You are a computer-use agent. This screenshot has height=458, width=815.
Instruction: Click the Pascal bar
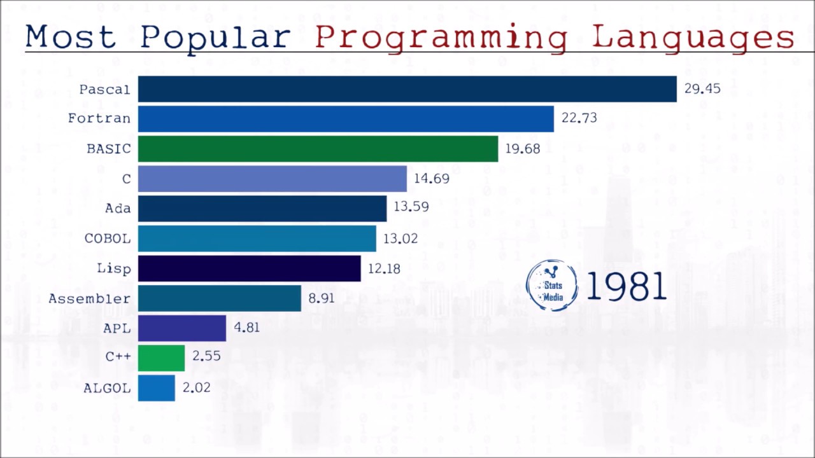pyautogui.click(x=407, y=89)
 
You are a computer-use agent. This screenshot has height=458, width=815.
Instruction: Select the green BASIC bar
pyautogui.click(x=318, y=149)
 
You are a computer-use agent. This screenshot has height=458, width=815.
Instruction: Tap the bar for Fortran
pyautogui.click(x=346, y=119)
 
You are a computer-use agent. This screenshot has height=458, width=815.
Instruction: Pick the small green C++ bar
pyautogui.click(x=161, y=358)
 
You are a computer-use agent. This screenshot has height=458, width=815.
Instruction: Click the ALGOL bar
pyautogui.click(x=156, y=388)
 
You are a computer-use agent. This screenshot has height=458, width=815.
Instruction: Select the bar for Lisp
pyautogui.click(x=249, y=268)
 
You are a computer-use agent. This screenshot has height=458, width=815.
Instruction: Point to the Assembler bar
pyautogui.click(x=219, y=298)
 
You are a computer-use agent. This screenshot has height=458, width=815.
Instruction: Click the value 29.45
pyautogui.click(x=702, y=88)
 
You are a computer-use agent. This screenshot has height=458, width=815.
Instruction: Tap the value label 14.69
pyautogui.click(x=431, y=179)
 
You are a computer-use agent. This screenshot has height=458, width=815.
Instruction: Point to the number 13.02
pyautogui.click(x=400, y=239)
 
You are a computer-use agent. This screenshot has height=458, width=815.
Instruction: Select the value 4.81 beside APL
pyautogui.click(x=246, y=328)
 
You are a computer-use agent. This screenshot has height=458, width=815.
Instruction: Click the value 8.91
pyautogui.click(x=321, y=298)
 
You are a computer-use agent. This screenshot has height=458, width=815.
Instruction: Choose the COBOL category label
pyautogui.click(x=108, y=239)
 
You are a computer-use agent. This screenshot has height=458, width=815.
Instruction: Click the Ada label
pyautogui.click(x=118, y=209)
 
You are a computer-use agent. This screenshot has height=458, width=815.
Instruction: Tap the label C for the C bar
pyautogui.click(x=126, y=179)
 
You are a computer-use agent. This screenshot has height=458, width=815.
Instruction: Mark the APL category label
pyautogui.click(x=117, y=328)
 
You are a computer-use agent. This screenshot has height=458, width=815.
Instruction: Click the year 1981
pyautogui.click(x=625, y=286)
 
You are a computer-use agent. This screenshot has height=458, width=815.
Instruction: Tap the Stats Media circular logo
pyautogui.click(x=552, y=286)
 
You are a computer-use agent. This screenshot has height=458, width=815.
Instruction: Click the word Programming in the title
pyautogui.click(x=441, y=38)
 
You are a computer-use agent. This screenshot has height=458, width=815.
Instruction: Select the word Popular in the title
pyautogui.click(x=215, y=38)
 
